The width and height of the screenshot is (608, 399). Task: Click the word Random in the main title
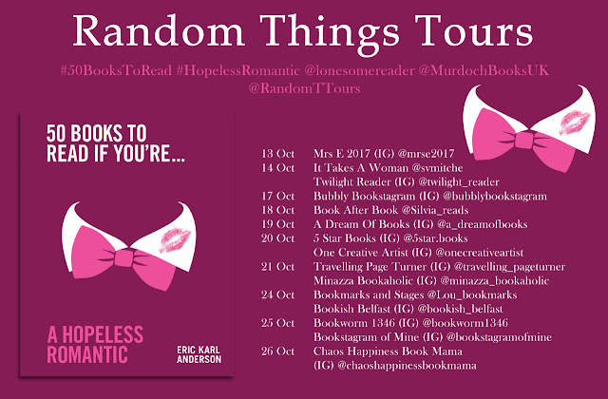(x=159, y=31)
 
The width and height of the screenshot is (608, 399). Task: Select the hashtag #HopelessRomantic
(x=238, y=70)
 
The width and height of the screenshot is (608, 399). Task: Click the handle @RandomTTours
(x=304, y=88)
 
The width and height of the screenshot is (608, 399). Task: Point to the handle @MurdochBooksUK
(x=484, y=70)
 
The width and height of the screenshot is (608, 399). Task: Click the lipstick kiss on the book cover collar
(x=175, y=240)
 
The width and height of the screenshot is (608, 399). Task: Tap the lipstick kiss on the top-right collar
(x=575, y=123)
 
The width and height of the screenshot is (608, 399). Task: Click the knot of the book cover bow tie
(x=124, y=257)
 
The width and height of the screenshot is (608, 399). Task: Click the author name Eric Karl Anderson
(x=199, y=354)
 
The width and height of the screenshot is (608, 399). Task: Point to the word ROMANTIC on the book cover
(x=87, y=354)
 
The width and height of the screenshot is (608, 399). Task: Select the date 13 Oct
(x=277, y=154)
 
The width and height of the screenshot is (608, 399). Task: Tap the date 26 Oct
(x=277, y=351)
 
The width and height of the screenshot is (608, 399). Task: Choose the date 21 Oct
(x=277, y=267)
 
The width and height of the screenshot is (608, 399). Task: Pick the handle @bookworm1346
(x=465, y=323)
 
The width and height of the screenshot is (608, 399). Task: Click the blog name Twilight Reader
(x=352, y=181)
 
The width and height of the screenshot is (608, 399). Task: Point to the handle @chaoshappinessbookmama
(x=407, y=366)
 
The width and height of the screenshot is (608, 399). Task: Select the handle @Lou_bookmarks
(x=472, y=295)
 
